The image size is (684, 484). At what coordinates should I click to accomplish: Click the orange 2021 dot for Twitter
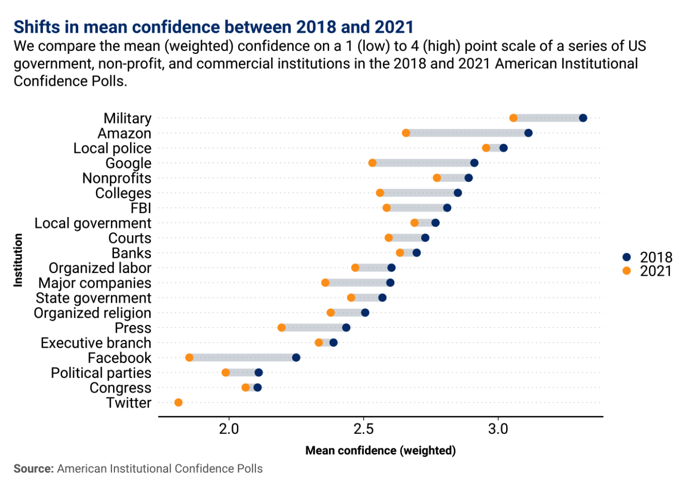178,403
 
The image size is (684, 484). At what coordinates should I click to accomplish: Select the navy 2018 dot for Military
583,118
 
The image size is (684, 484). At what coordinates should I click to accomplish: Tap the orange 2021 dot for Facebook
189,358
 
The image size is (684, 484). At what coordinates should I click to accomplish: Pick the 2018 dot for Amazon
528,133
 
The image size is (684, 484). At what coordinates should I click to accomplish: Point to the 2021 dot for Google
372,163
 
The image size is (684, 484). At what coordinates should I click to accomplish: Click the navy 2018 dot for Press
346,328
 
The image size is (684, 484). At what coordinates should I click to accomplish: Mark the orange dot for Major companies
325,283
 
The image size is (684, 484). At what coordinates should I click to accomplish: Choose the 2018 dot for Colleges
458,193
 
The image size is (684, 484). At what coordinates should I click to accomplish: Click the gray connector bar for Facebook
243,358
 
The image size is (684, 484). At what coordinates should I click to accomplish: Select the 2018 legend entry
648,257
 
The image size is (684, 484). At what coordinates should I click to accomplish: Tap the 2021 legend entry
648,271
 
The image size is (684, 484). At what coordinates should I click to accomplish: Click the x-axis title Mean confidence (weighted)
380,450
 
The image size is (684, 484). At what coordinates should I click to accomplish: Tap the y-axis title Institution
19,260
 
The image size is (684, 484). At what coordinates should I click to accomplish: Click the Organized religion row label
93,313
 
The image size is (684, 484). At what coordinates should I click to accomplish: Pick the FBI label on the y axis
141,208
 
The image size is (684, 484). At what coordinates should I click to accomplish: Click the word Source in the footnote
34,468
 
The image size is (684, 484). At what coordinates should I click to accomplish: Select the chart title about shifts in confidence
213,27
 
